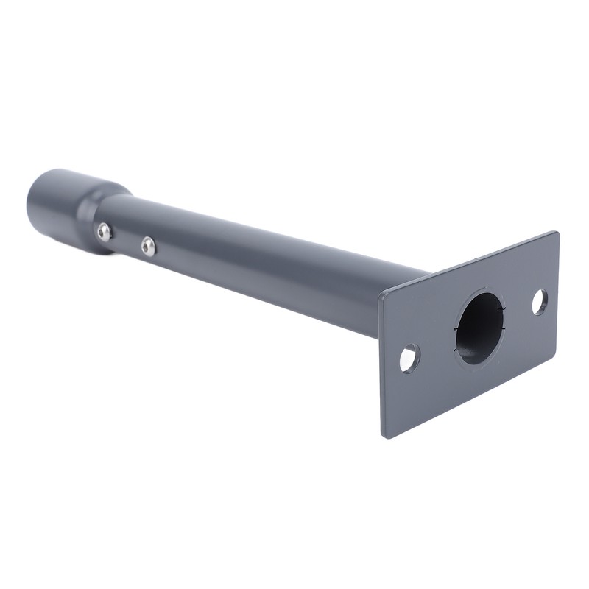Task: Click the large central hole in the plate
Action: point(479,328)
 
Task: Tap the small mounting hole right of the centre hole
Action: point(540,302)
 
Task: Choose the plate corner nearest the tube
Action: point(381,296)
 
